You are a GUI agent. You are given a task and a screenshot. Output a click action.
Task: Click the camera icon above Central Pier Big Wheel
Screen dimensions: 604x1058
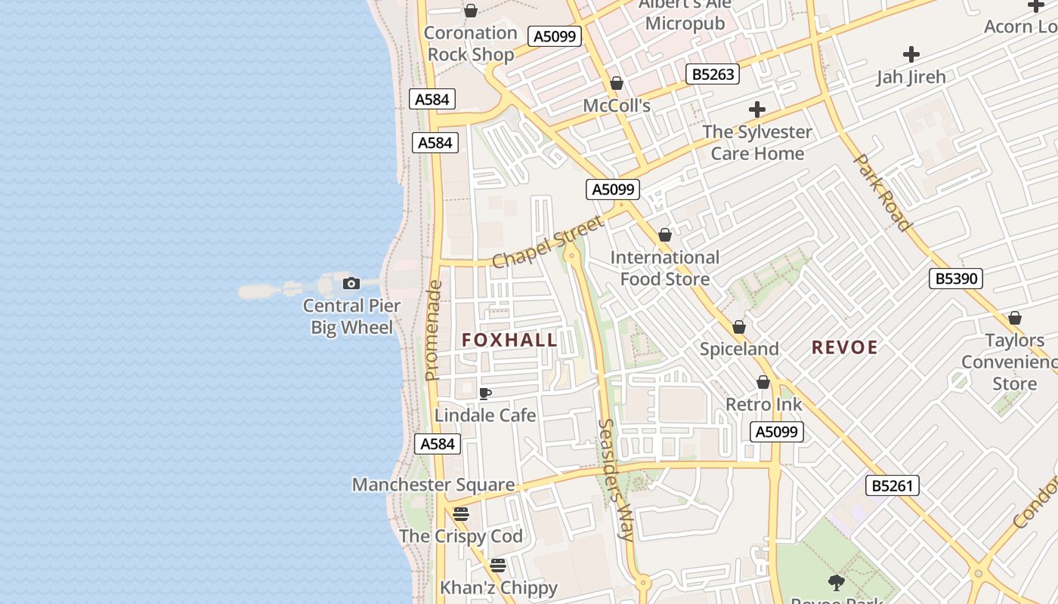(351, 284)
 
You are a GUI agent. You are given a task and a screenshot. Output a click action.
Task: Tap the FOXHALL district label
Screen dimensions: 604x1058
(509, 341)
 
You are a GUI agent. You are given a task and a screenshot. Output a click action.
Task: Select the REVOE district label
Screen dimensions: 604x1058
(844, 347)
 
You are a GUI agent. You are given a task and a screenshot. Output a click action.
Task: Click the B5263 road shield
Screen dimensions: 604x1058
(712, 74)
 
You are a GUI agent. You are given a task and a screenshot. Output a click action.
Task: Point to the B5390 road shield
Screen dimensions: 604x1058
(956, 279)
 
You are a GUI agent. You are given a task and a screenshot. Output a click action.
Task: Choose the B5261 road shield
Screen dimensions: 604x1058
(892, 485)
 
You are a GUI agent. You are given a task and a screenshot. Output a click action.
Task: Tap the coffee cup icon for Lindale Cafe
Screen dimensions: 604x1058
(484, 393)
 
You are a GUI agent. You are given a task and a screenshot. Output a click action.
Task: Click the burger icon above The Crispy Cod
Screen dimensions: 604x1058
(461, 515)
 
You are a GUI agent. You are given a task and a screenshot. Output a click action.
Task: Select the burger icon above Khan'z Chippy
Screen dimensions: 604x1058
(497, 565)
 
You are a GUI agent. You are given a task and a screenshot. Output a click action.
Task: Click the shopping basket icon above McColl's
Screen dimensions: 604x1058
(617, 83)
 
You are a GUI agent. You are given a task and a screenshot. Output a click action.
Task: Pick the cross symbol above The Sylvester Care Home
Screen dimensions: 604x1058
(756, 109)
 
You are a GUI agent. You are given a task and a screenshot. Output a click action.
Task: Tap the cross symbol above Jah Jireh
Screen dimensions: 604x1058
(911, 54)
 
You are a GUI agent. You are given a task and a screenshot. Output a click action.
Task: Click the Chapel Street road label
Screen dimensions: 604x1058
(549, 241)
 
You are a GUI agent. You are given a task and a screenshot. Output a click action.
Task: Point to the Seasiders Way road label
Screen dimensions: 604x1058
(615, 479)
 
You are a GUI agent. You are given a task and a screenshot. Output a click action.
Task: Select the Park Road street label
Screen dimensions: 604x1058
(882, 193)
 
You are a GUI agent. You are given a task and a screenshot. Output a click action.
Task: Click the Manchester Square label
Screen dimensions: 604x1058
(433, 485)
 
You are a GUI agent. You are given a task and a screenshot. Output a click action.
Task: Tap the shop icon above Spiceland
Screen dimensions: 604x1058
(739, 328)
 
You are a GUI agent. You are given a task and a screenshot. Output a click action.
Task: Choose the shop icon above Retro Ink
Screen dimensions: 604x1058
(763, 383)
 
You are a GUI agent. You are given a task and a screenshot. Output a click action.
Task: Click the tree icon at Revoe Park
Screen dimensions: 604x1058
(836, 582)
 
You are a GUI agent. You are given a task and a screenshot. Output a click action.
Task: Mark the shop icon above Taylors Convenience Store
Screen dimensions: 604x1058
(1015, 319)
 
